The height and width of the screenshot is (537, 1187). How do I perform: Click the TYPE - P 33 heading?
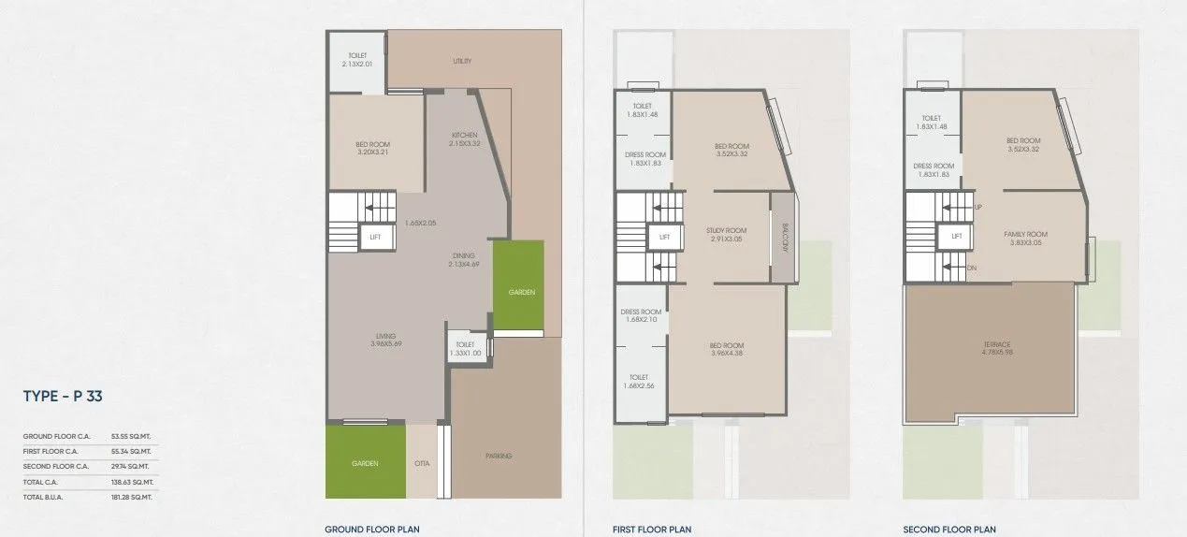point(63,397)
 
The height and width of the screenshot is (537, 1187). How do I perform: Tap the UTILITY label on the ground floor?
point(461,62)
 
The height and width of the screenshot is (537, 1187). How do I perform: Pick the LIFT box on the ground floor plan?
point(375,237)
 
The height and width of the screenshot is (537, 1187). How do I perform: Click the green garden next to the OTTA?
point(365,462)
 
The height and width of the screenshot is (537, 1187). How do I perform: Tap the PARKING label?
point(499,456)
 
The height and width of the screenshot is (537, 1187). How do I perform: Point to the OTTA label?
point(422,463)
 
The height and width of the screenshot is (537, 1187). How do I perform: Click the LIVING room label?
point(385,336)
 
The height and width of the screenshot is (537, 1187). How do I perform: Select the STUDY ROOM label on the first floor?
point(726,230)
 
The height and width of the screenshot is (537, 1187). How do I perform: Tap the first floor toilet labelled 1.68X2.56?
point(639,381)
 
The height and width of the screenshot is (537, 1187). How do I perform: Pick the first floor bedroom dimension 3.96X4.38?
point(726,353)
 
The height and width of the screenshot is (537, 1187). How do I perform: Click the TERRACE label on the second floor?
point(996,344)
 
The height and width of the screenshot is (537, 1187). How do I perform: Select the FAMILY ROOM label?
point(1026,234)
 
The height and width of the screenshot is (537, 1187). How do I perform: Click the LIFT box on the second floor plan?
point(956,237)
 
